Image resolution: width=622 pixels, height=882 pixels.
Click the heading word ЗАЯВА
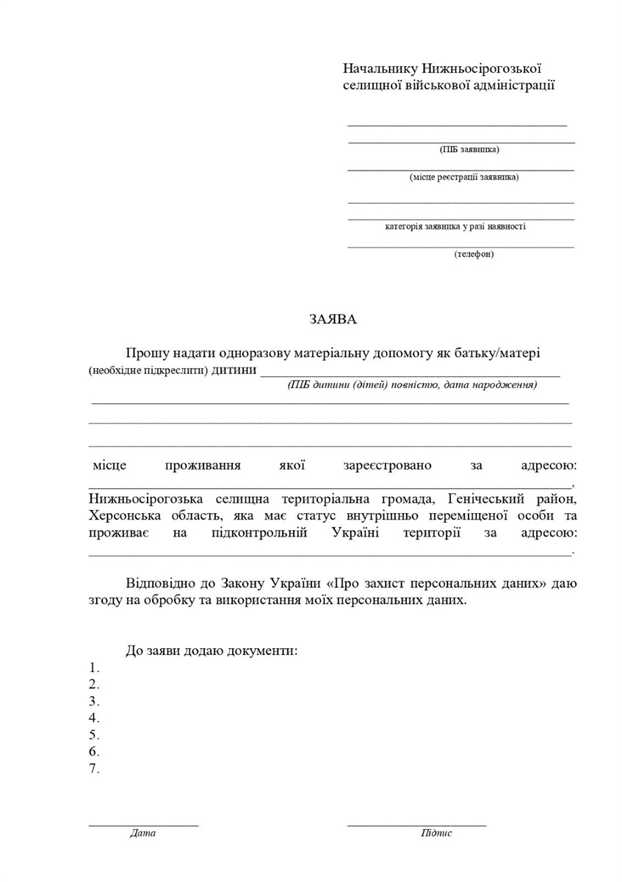(332, 320)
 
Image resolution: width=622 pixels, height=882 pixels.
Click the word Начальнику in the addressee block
(380, 68)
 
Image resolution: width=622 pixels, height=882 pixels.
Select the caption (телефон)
(474, 254)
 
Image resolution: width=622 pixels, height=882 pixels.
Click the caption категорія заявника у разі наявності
(455, 226)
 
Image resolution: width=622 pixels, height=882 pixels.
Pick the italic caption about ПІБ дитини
(412, 384)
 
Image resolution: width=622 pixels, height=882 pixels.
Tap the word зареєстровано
(387, 465)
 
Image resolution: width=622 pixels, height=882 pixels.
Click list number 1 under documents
(94, 667)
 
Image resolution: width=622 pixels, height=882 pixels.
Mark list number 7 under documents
(94, 769)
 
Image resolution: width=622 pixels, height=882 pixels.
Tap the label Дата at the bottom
(142, 833)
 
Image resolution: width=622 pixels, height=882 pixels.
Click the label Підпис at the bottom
(436, 833)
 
